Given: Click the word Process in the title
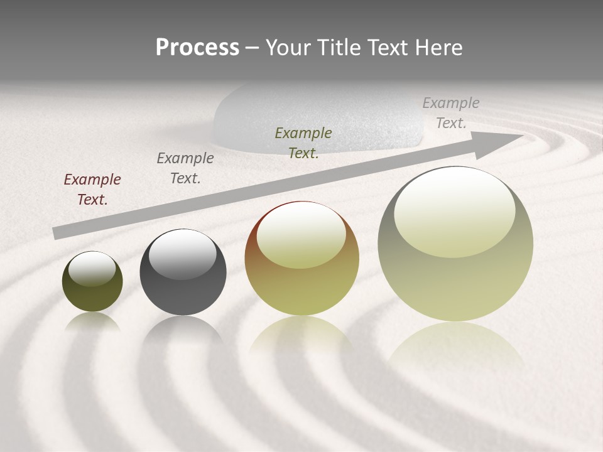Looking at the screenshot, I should (197, 48).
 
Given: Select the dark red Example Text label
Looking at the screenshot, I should (92, 190).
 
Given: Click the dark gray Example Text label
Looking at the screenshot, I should (185, 168).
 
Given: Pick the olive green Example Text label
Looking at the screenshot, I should (303, 143).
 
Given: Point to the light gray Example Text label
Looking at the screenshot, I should (450, 113).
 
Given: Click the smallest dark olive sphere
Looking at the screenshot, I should (92, 289).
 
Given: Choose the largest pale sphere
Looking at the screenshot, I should (455, 276).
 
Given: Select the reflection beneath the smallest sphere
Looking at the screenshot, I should (92, 323).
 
